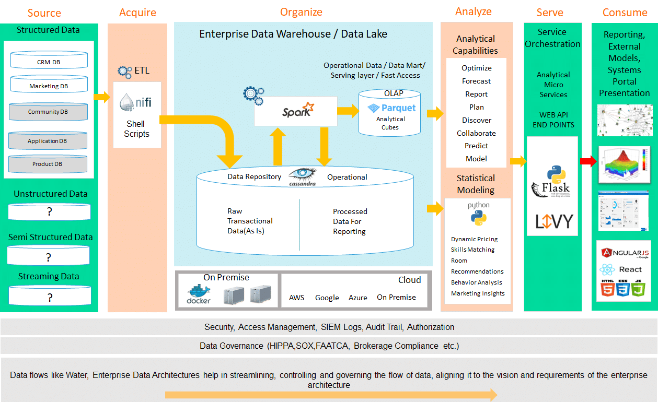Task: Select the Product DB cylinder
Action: point(48,163)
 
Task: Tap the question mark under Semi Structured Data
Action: point(48,257)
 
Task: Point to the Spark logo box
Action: point(295,110)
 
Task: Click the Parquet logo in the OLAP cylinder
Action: point(392,108)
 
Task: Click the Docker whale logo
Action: point(199,294)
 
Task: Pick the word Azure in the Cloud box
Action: point(358,298)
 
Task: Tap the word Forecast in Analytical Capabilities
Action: point(476,81)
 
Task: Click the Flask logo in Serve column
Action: point(551,183)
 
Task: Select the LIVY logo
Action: point(553,221)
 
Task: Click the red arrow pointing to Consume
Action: point(588,161)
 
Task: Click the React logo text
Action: point(629,269)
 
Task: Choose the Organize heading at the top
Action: point(301,12)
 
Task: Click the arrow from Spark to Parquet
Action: point(347,110)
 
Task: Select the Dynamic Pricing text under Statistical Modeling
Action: point(474,239)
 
